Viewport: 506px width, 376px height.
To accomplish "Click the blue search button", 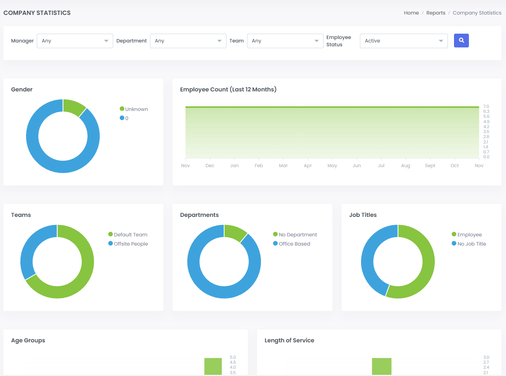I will (x=461, y=41).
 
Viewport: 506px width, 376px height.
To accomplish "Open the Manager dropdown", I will (x=75, y=41).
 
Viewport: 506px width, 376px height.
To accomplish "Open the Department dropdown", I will (x=188, y=41).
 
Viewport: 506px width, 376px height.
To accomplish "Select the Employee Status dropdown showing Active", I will (x=403, y=41).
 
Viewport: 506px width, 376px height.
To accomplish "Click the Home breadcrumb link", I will (x=411, y=13).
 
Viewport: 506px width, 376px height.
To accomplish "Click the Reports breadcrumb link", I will (x=436, y=13).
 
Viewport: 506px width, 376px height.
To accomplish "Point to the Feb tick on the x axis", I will (x=259, y=166).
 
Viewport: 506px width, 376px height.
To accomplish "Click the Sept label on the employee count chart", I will (x=430, y=166).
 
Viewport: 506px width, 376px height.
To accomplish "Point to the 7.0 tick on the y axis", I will (x=486, y=107).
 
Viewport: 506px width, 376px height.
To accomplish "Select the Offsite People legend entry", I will (x=130, y=244).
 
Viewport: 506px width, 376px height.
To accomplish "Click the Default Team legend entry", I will (x=130, y=234).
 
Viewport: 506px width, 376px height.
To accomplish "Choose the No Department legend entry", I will (x=298, y=234).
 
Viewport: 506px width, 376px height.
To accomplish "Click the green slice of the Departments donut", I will (x=234, y=232).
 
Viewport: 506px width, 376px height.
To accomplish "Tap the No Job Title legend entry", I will (x=471, y=244).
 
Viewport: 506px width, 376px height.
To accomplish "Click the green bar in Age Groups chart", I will (x=213, y=366).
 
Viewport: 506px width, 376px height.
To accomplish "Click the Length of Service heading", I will (x=289, y=340).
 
